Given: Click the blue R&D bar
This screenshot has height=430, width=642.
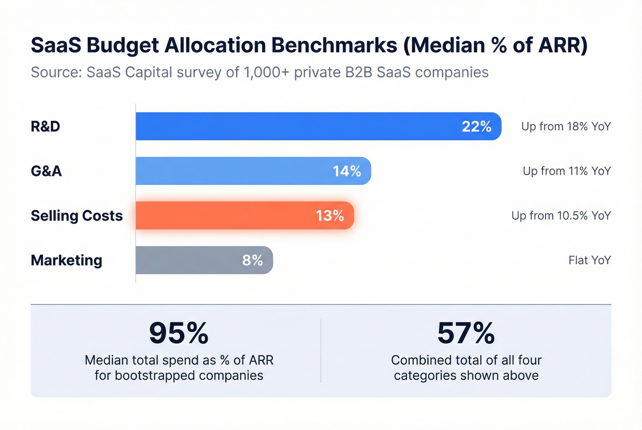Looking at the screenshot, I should pyautogui.click(x=298, y=126).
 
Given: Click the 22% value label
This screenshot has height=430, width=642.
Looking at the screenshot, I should pyautogui.click(x=476, y=126).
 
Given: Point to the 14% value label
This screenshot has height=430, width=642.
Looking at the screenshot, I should pyautogui.click(x=347, y=171).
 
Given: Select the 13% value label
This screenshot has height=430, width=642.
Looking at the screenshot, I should pyautogui.click(x=330, y=216).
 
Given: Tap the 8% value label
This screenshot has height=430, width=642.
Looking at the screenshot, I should pyautogui.click(x=252, y=260).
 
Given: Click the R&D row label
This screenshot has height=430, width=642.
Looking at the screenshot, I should pyautogui.click(x=45, y=126).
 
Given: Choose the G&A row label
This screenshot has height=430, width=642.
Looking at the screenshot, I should pyautogui.click(x=46, y=171).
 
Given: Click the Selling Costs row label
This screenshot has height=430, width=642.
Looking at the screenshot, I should pyautogui.click(x=77, y=216).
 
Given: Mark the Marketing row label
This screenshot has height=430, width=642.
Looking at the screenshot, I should pyautogui.click(x=66, y=260).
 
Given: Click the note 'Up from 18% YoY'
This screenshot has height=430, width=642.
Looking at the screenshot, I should pyautogui.click(x=566, y=126).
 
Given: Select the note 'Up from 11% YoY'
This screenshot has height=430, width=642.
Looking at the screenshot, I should pyautogui.click(x=567, y=171).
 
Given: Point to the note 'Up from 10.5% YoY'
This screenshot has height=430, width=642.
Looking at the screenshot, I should pyautogui.click(x=561, y=216).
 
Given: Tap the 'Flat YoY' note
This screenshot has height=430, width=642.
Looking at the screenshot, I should pyautogui.click(x=589, y=260).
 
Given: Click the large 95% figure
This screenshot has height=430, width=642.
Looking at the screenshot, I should pyautogui.click(x=179, y=333).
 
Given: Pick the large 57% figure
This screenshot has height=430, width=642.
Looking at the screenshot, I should pyautogui.click(x=466, y=333).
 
